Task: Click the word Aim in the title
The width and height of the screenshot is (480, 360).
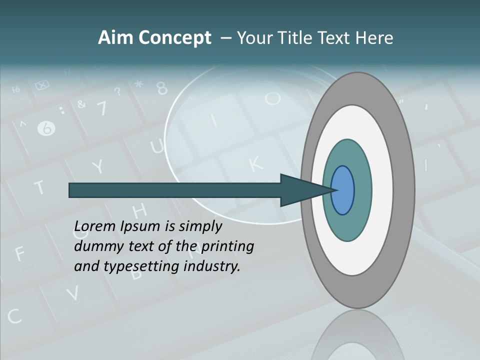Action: (116, 38)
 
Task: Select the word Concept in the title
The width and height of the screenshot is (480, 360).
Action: (174, 38)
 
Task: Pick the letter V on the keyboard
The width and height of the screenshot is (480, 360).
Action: (73, 293)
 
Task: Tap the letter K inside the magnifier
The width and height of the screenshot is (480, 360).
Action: (255, 163)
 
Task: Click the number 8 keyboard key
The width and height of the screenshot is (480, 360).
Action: (161, 88)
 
